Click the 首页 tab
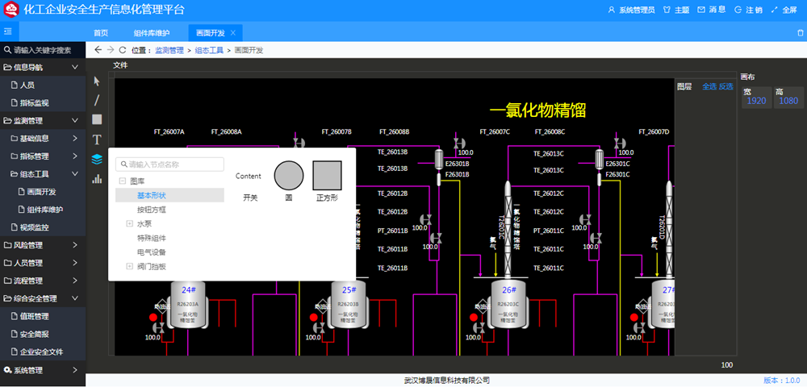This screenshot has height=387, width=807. [x=100, y=33]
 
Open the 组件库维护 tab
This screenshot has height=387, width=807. [x=152, y=33]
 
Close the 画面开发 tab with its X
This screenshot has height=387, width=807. [x=233, y=33]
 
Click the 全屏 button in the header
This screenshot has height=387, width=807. [x=784, y=10]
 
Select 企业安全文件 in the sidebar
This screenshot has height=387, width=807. [x=41, y=352]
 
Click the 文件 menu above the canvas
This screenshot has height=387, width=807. [x=120, y=65]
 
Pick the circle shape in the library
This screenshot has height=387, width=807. [x=289, y=175]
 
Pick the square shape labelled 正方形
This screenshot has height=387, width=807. [x=327, y=175]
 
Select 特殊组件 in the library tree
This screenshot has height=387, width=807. [x=151, y=238]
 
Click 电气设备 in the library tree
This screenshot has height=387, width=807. [x=151, y=252]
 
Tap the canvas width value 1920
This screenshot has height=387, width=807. [x=756, y=101]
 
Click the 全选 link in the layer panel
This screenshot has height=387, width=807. [x=709, y=86]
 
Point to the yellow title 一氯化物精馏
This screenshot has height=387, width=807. [x=537, y=110]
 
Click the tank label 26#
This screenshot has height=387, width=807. [x=508, y=289]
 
